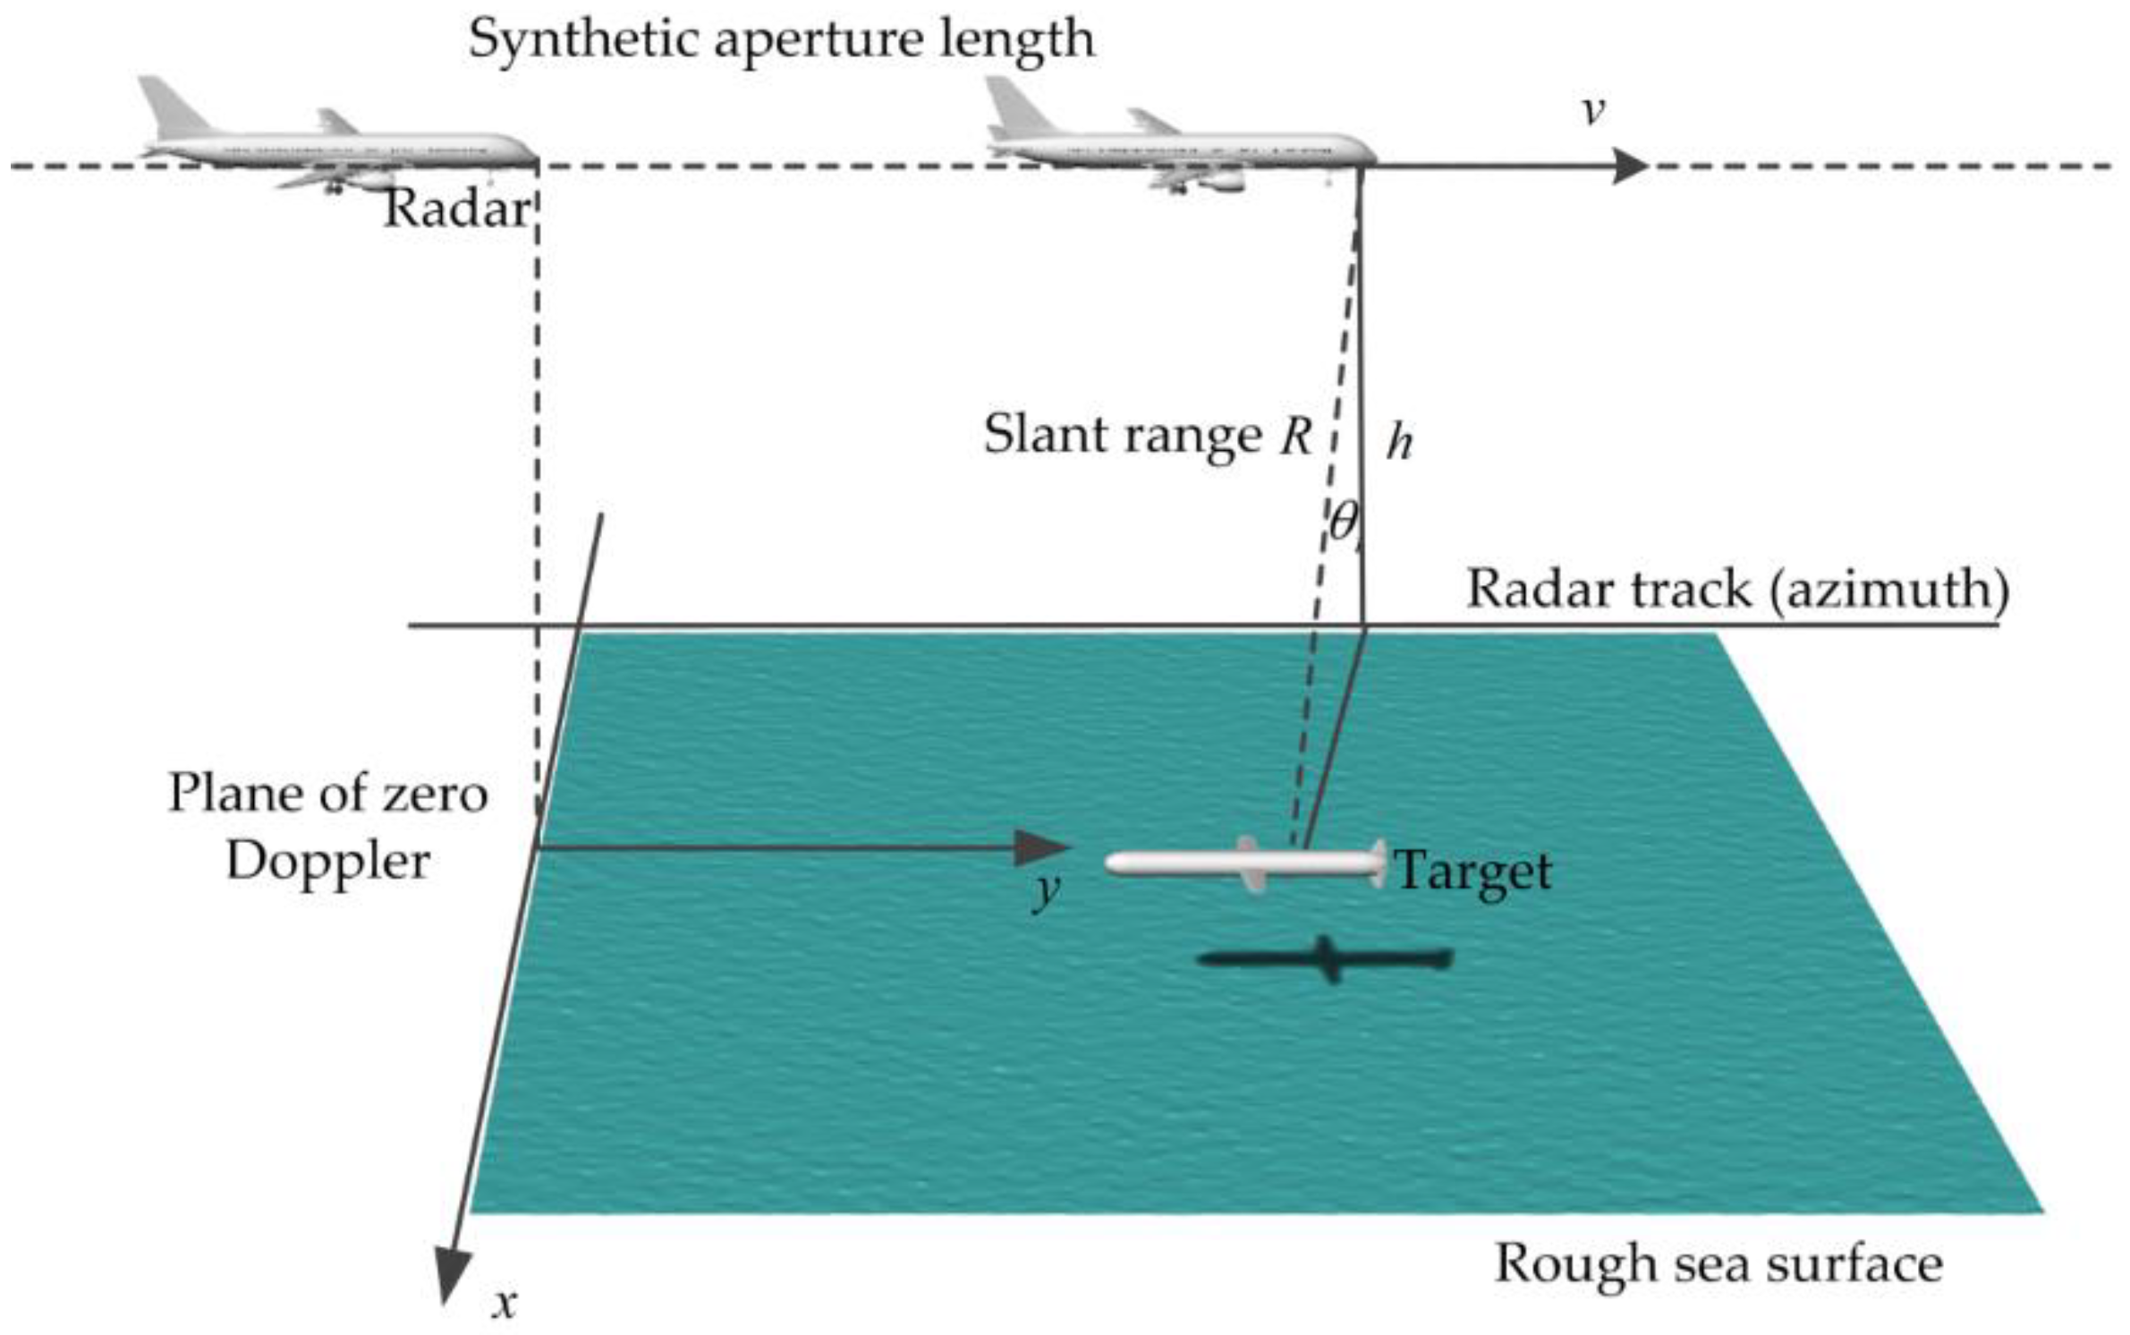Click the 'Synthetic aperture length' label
(x=781, y=39)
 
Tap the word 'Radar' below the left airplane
(x=456, y=209)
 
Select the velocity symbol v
(x=1592, y=111)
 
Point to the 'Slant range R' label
(x=1148, y=436)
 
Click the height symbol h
(x=1399, y=442)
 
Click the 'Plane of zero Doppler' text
(x=328, y=827)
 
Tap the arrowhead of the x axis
(x=452, y=1276)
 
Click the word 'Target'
(x=1473, y=871)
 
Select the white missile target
(x=1244, y=863)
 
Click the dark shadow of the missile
(x=1325, y=960)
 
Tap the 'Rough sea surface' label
(x=1718, y=1264)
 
